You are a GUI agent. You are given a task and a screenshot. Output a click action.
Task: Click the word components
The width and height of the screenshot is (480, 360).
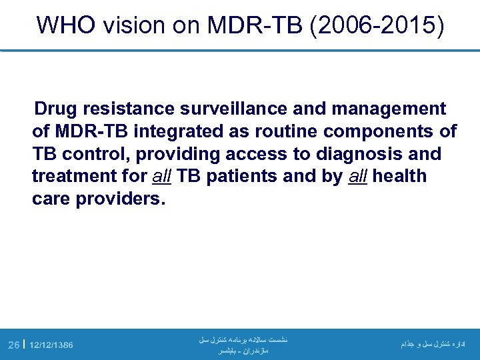point(376,131)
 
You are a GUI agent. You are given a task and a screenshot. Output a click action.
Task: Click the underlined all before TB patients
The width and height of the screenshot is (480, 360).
point(153,177)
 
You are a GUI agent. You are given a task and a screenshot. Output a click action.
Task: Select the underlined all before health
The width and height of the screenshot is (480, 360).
point(359,177)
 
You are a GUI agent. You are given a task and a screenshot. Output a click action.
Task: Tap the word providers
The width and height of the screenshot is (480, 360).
point(119,199)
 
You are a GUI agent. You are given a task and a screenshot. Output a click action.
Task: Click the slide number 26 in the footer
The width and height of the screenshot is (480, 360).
point(13,345)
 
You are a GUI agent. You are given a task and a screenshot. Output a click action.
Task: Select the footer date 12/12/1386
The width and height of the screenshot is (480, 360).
point(52,345)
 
